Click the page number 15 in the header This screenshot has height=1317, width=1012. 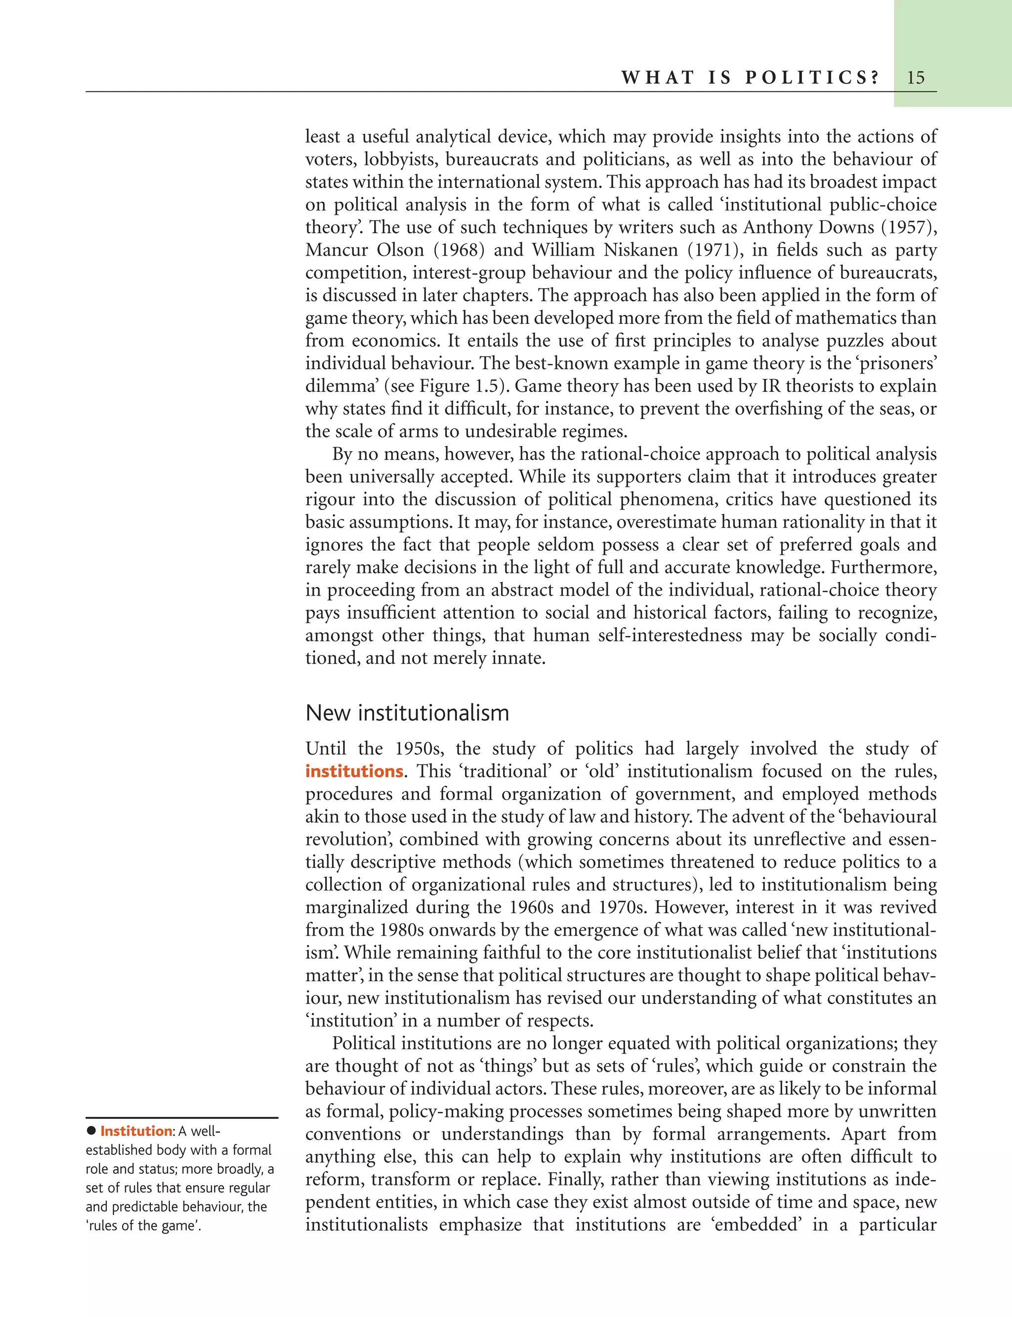[915, 78]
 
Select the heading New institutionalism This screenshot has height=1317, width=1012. [407, 713]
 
